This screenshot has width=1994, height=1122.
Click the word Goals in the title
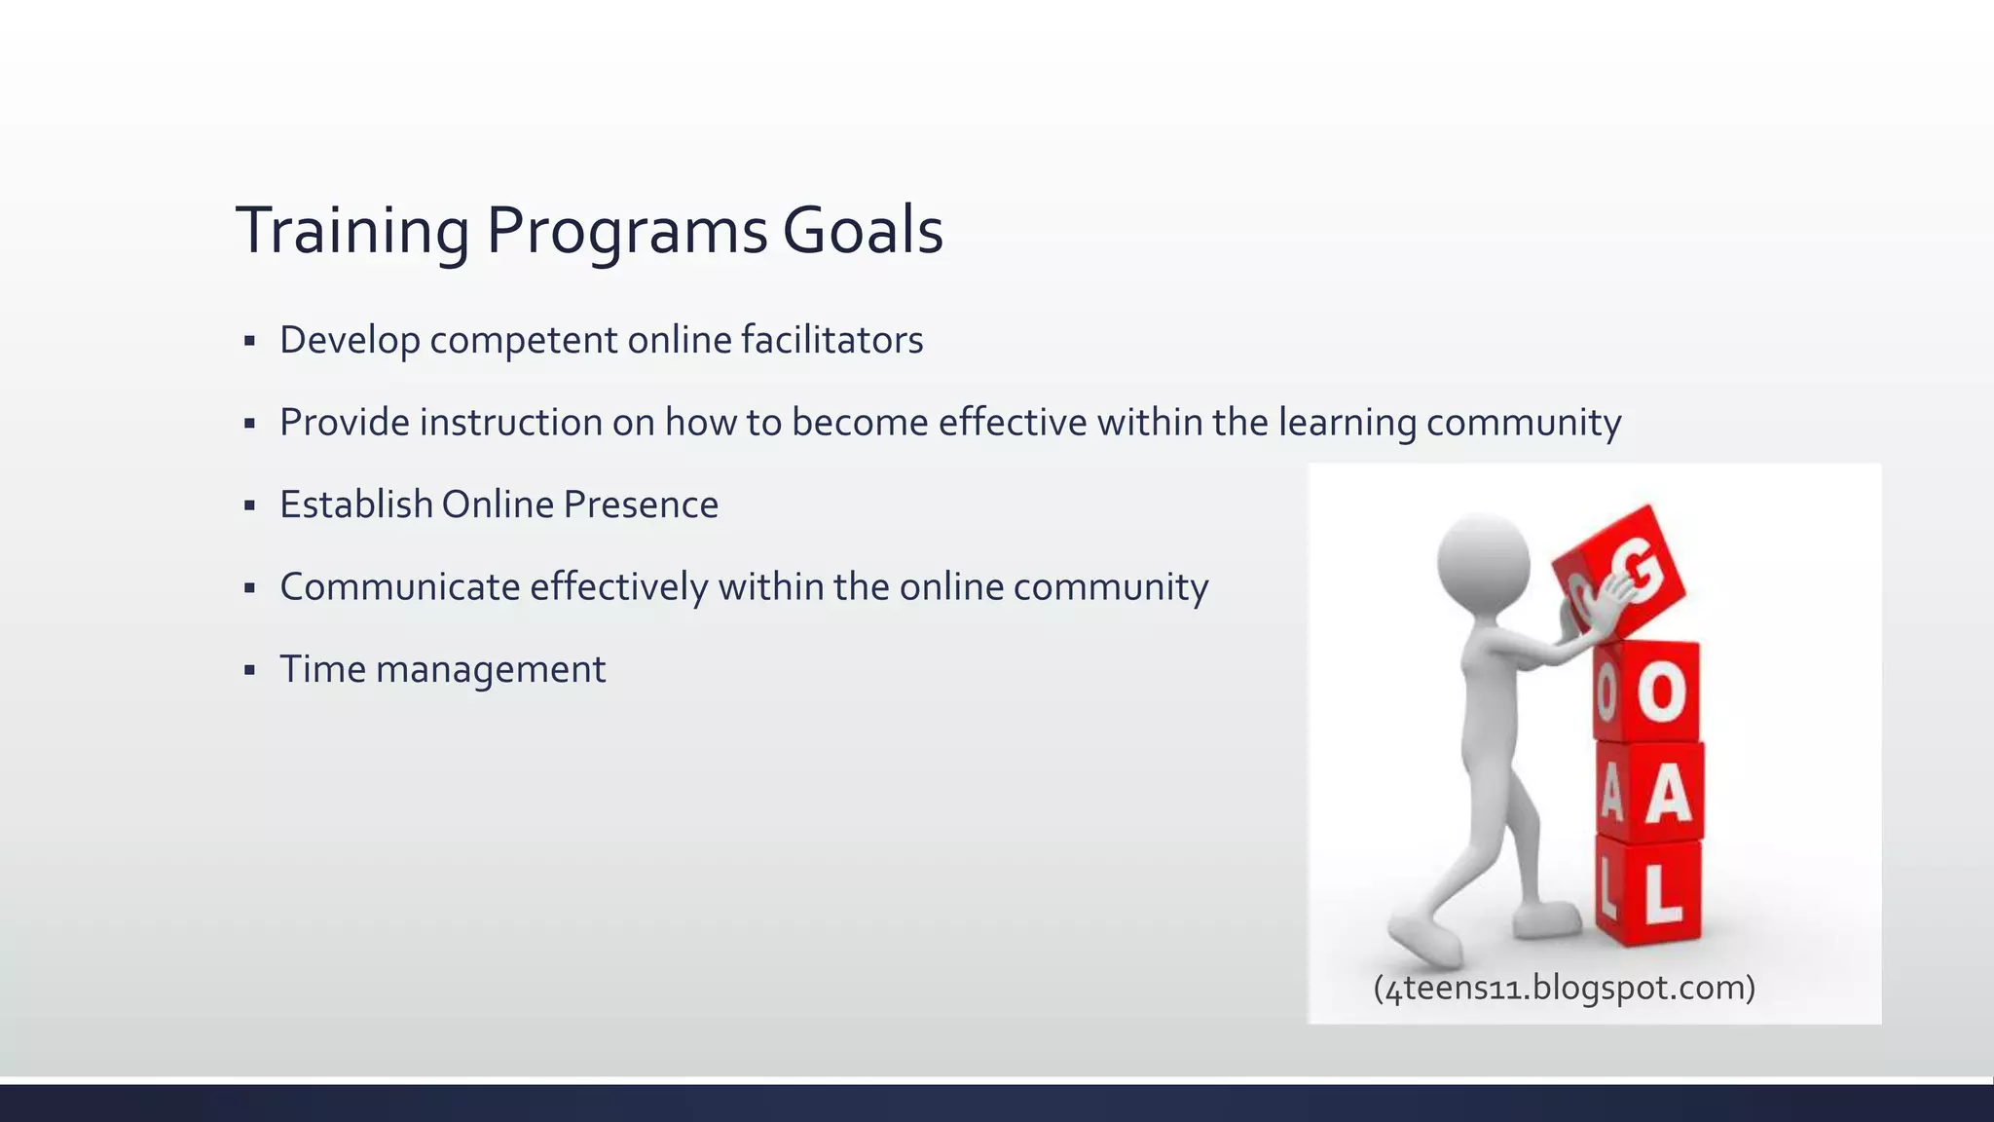point(863,232)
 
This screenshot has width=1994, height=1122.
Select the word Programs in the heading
point(626,232)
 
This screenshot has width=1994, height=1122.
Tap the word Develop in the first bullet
point(350,341)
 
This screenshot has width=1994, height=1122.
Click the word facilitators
point(831,341)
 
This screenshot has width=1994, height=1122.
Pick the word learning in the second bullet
point(1347,423)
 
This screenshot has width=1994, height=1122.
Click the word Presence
point(641,505)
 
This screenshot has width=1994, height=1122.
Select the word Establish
point(355,505)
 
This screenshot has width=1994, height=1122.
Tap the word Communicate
point(399,587)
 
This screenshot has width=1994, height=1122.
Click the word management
point(491,670)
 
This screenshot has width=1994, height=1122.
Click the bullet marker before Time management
point(249,670)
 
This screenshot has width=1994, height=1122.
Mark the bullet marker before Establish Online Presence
point(249,505)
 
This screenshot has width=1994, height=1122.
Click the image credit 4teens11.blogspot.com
point(1564,988)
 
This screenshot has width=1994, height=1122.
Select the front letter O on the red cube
point(1661,693)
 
